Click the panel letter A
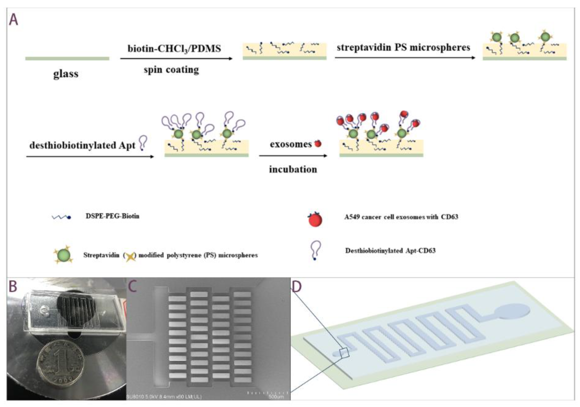click(13, 20)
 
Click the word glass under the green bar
click(66, 74)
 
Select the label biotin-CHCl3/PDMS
click(174, 48)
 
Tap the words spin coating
click(171, 69)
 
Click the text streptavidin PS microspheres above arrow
click(403, 47)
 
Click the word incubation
click(293, 169)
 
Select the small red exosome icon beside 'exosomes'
click(318, 144)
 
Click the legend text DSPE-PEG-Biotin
click(112, 216)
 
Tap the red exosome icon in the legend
click(315, 220)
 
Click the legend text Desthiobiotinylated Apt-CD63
click(390, 251)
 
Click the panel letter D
click(297, 286)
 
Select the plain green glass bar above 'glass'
click(67, 59)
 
